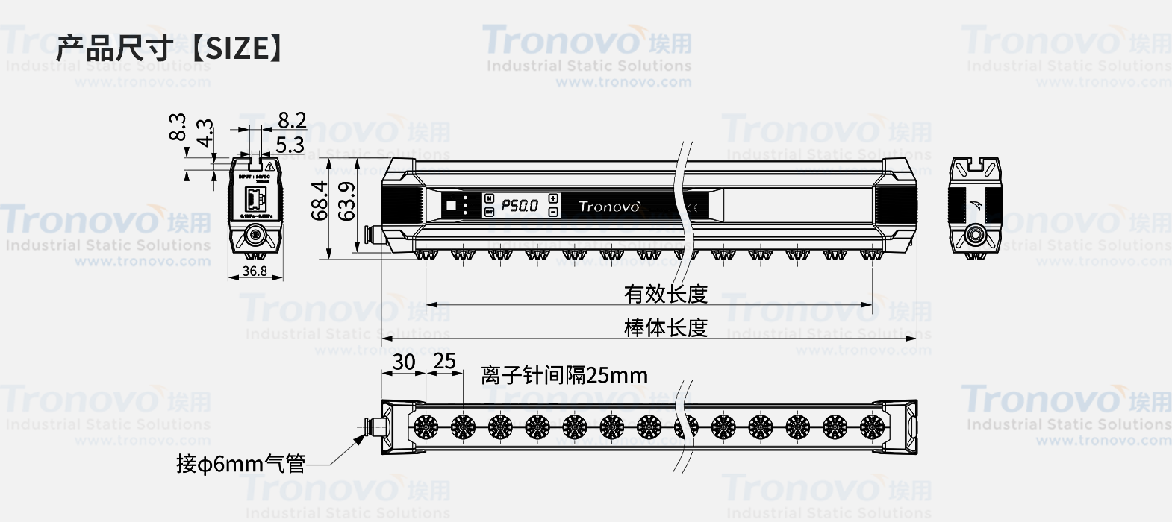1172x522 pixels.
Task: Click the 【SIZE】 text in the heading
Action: pos(234,48)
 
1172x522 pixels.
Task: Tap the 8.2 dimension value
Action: pos(292,120)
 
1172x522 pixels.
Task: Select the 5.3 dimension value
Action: pos(290,144)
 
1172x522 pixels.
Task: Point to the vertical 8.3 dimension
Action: pos(178,127)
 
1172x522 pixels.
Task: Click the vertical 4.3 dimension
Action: pos(205,133)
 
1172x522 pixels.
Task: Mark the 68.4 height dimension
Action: pos(320,201)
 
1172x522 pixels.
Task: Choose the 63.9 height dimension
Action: pos(346,201)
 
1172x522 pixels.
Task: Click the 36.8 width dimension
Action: pos(255,271)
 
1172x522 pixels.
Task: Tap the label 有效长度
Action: pos(665,294)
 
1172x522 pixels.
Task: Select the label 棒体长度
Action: pos(665,327)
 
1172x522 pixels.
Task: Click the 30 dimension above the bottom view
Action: pos(403,362)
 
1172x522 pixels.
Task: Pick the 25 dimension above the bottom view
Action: pos(444,362)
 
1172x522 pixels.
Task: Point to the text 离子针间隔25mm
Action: pos(564,375)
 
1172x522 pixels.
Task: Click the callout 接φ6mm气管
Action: pos(240,464)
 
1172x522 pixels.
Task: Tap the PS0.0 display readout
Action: pos(520,205)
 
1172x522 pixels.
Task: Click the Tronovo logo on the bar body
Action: pos(609,206)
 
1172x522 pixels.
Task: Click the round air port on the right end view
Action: pos(974,234)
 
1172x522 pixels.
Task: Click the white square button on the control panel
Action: pos(450,205)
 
